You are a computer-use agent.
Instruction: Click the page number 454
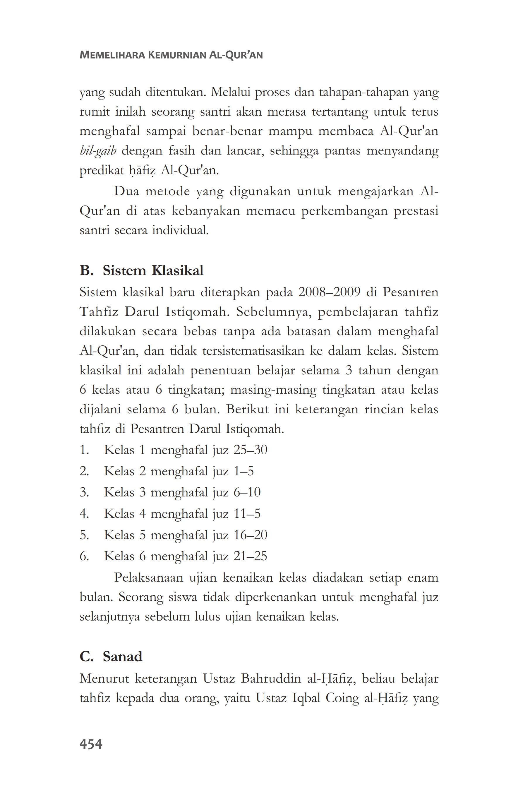tap(91, 744)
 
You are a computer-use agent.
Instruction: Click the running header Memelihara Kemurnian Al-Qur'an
tap(171, 55)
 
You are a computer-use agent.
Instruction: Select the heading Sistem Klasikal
tap(153, 270)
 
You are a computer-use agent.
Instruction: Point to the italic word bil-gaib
tap(98, 151)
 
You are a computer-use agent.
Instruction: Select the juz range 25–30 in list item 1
tap(250, 450)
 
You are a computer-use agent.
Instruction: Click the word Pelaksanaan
tap(149, 578)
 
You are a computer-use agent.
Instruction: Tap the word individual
tap(180, 230)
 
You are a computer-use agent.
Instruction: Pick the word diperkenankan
tap(275, 597)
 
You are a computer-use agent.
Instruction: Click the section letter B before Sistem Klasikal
tap(86, 270)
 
